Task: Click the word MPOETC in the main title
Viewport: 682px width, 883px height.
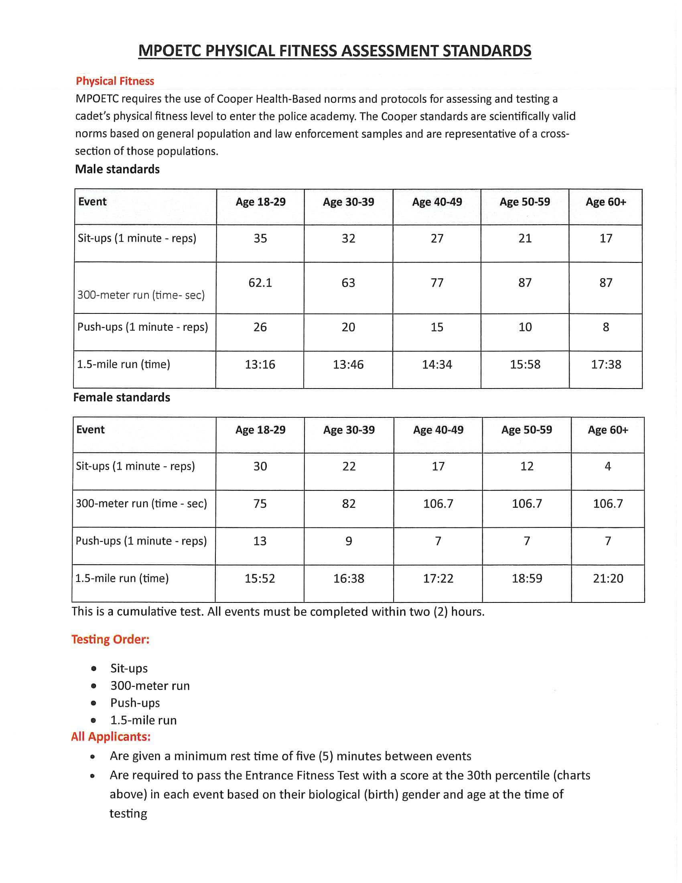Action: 170,51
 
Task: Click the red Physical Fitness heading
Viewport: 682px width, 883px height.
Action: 115,81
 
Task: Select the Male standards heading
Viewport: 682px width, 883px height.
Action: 117,169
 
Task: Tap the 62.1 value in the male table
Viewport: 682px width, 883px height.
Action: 260,283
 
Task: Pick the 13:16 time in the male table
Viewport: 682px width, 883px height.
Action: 260,365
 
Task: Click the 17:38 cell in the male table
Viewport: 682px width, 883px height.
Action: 606,365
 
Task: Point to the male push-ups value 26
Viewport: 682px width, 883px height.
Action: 260,327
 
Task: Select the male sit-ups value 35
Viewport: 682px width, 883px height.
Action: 260,238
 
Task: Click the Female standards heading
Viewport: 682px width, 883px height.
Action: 121,397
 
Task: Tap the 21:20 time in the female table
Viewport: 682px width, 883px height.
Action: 608,578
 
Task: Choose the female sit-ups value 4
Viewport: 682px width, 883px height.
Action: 608,466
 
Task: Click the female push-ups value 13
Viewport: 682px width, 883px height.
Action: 260,541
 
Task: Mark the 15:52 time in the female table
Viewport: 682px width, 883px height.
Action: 260,578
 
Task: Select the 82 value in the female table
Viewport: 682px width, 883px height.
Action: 349,504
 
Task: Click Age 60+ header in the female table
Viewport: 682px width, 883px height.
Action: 608,430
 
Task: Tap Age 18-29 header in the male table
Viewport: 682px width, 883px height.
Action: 261,202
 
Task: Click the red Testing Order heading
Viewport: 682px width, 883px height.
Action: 110,639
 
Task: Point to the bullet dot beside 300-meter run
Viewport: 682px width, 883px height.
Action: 94,686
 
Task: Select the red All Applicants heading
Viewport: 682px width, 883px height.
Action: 111,737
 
